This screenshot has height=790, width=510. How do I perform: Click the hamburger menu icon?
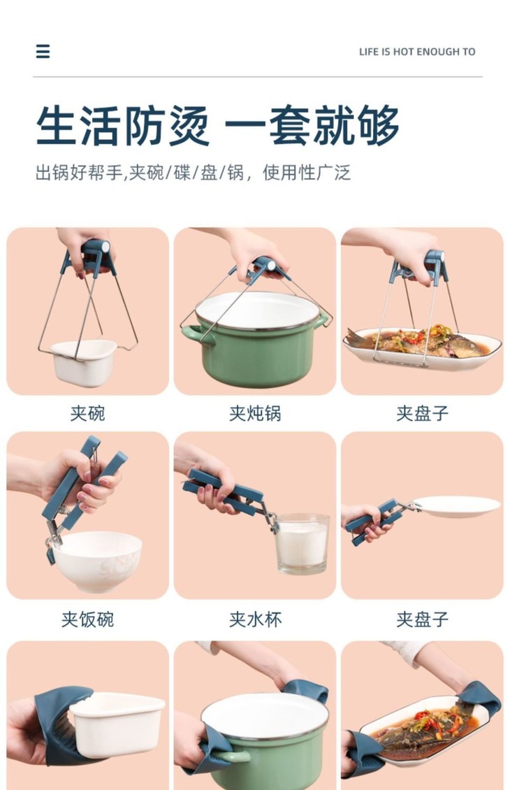pyautogui.click(x=43, y=52)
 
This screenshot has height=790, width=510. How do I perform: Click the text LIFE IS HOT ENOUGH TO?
pyautogui.click(x=417, y=52)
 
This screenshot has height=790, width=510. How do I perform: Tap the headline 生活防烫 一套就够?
pyautogui.click(x=217, y=126)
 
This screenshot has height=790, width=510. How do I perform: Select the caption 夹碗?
pyautogui.click(x=87, y=413)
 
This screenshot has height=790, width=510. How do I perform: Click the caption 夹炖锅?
pyautogui.click(x=255, y=413)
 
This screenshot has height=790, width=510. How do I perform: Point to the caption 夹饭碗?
pyautogui.click(x=87, y=619)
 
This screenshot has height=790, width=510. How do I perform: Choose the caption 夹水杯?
pyautogui.click(x=255, y=619)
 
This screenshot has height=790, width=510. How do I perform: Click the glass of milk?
pyautogui.click(x=302, y=544)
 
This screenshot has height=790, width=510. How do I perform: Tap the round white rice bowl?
pyautogui.click(x=96, y=561)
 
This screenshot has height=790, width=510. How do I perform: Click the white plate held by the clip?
pyautogui.click(x=456, y=506)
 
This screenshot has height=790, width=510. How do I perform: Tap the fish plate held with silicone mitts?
pyautogui.click(x=425, y=731)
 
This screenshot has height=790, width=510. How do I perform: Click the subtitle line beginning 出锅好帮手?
pyautogui.click(x=193, y=173)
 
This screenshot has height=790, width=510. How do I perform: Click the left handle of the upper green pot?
pyautogui.click(x=194, y=334)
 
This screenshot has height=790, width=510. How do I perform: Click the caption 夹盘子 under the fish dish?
pyautogui.click(x=422, y=413)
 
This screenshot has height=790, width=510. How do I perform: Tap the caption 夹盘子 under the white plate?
pyautogui.click(x=422, y=619)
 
